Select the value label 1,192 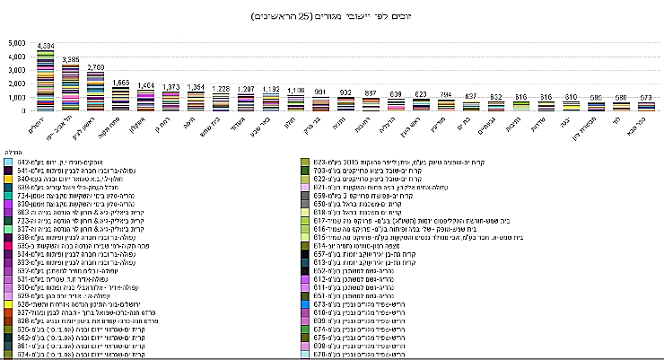(273, 89)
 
